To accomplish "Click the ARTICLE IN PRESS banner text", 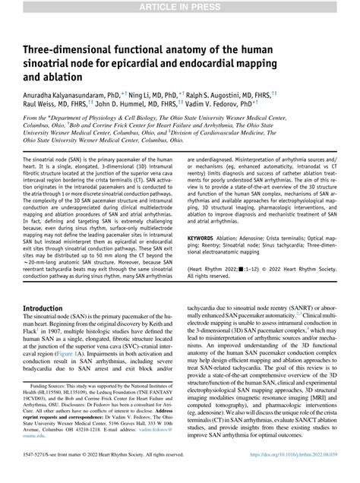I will [179, 7].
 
